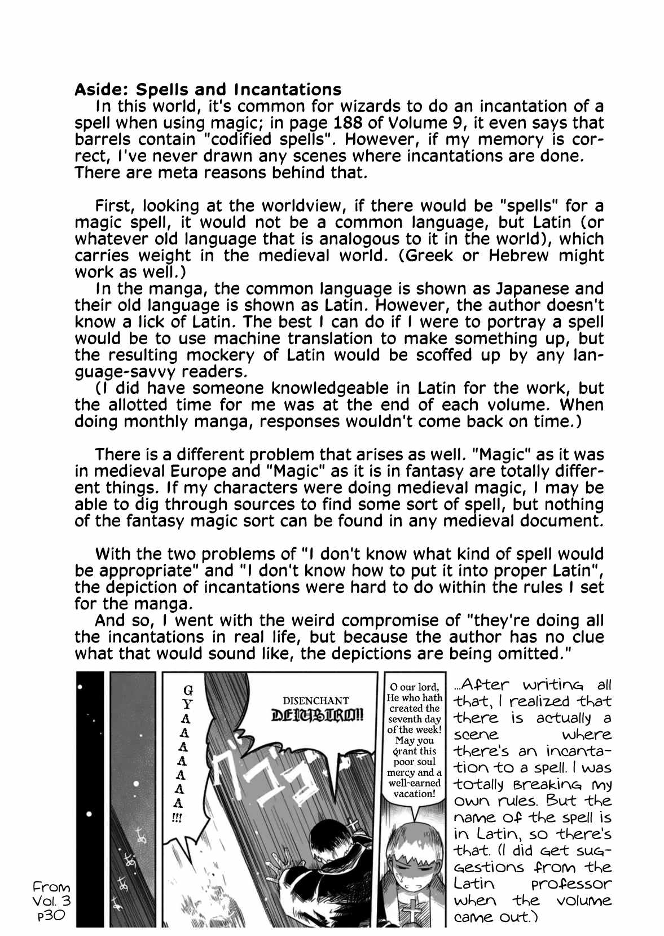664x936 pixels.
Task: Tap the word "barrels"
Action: [x=104, y=139]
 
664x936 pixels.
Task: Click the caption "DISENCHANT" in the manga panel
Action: [x=315, y=701]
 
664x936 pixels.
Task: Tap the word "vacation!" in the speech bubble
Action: [x=415, y=794]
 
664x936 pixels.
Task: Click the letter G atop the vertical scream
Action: [x=188, y=690]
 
